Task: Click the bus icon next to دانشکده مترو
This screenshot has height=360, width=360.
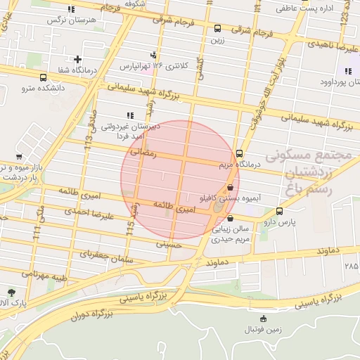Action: pyautogui.click(x=44, y=77)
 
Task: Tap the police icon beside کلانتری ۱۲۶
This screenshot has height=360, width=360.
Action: pyautogui.click(x=154, y=55)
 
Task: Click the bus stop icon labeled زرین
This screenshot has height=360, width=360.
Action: pyautogui.click(x=217, y=29)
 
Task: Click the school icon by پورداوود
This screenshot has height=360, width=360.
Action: pyautogui.click(x=348, y=71)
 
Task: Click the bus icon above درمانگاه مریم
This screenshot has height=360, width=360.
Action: pyautogui.click(x=240, y=153)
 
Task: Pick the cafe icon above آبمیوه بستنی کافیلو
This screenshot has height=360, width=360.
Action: pyautogui.click(x=231, y=187)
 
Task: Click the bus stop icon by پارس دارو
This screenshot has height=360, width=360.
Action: pyautogui.click(x=280, y=211)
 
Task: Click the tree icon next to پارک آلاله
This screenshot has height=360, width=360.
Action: pyautogui.click(x=11, y=292)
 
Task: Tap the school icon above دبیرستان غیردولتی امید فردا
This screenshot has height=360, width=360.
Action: pyautogui.click(x=129, y=115)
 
